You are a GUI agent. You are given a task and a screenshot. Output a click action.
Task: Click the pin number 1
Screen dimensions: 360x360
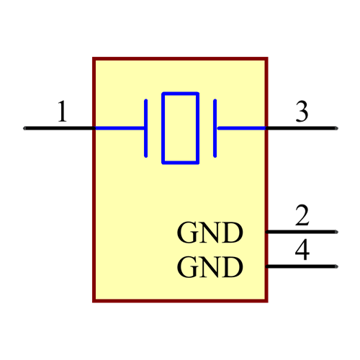pyautogui.click(x=63, y=112)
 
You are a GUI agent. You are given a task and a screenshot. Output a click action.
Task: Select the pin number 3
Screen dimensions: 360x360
pyautogui.click(x=302, y=112)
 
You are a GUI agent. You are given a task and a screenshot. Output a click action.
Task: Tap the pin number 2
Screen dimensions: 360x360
pyautogui.click(x=302, y=215)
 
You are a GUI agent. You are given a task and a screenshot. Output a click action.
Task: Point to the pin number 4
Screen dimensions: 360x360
pyautogui.click(x=302, y=250)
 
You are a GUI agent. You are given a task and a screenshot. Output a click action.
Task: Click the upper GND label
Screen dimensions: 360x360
pyautogui.click(x=210, y=233)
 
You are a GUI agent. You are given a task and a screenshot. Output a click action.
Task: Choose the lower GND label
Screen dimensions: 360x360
pyautogui.click(x=210, y=268)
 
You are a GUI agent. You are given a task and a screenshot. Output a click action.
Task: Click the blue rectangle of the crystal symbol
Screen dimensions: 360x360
pyautogui.click(x=180, y=128)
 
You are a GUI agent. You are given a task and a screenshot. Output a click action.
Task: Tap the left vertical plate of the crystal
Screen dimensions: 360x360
pyautogui.click(x=146, y=128)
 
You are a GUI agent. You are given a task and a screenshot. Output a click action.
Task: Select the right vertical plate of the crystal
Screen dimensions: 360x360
pyautogui.click(x=215, y=128)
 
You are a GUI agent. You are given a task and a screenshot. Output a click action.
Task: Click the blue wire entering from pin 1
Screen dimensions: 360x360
pyautogui.click(x=120, y=128)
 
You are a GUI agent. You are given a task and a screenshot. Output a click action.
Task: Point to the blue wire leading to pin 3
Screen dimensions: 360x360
pyautogui.click(x=241, y=128)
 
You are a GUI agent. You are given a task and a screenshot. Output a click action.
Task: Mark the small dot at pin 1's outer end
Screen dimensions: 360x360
pyautogui.click(x=24, y=128)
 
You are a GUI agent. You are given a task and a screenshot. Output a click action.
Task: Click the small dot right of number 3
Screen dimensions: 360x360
pyautogui.click(x=336, y=128)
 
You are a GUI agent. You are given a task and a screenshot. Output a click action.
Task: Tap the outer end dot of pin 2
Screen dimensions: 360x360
pyautogui.click(x=336, y=232)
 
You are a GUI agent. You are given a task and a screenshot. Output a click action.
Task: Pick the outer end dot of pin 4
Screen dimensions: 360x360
pyautogui.click(x=336, y=266)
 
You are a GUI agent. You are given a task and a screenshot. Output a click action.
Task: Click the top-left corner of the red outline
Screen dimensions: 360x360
pyautogui.click(x=94, y=59)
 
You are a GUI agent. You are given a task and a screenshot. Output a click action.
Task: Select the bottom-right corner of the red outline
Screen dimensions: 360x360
pyautogui.click(x=266, y=300)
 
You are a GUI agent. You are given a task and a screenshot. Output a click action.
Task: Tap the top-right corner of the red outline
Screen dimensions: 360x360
pyautogui.click(x=266, y=59)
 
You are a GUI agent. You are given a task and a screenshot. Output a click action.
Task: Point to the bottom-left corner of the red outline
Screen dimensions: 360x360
pyautogui.click(x=94, y=300)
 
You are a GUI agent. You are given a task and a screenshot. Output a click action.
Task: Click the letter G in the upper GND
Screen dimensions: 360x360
pyautogui.click(x=187, y=233)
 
